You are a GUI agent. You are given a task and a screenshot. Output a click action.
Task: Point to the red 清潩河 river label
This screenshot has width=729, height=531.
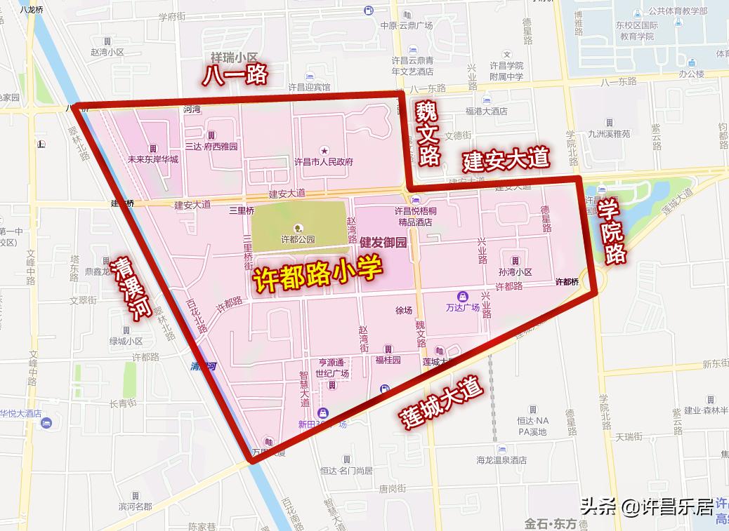(x=131, y=288)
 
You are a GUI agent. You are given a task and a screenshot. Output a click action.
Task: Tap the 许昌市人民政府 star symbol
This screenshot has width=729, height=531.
(x=324, y=151)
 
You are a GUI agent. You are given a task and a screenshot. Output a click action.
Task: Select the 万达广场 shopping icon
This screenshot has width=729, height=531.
(x=462, y=297)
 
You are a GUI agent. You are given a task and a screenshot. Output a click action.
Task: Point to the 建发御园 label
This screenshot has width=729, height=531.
(x=383, y=243)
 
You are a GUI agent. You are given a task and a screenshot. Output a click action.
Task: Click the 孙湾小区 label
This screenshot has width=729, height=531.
(x=515, y=271)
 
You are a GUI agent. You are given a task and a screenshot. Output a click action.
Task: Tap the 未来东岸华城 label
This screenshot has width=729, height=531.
(x=152, y=159)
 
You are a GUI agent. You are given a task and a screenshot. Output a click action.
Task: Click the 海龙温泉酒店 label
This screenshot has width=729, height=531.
(x=501, y=460)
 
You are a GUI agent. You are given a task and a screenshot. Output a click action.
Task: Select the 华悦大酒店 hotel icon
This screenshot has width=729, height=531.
(x=46, y=423)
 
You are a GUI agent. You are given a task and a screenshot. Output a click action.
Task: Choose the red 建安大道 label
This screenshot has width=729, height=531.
(x=505, y=159)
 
